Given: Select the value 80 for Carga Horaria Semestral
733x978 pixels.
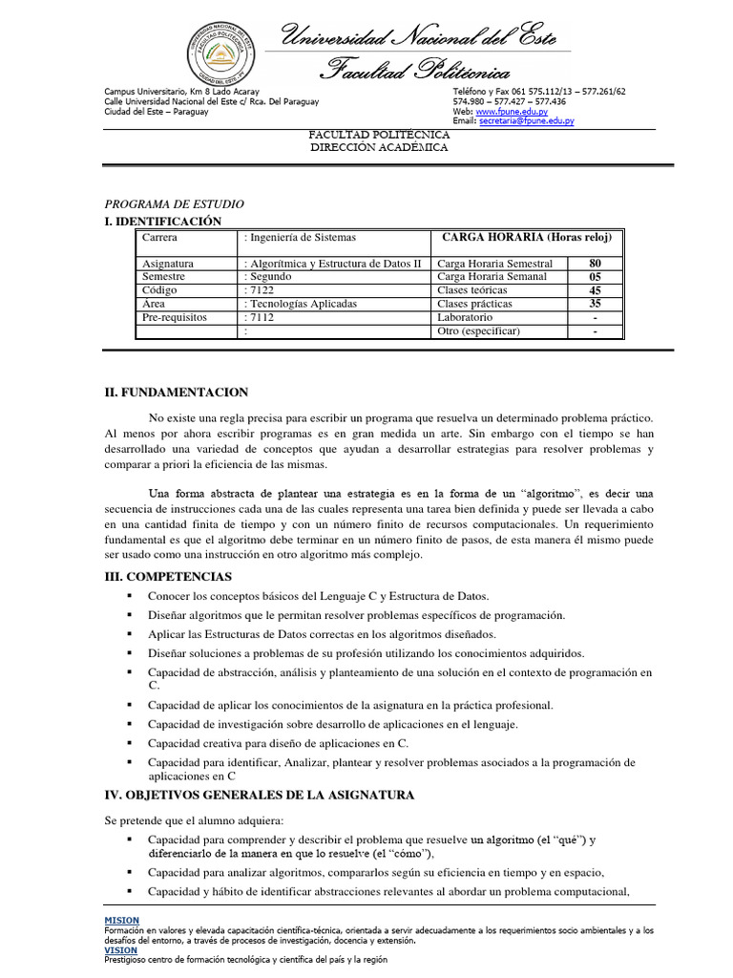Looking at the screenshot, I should click(595, 263).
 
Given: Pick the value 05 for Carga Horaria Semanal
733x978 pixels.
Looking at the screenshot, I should click(595, 277).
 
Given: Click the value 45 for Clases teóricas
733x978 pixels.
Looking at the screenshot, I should click(595, 290).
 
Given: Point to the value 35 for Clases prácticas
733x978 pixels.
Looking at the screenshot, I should click(595, 304).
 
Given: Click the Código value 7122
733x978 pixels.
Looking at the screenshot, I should click(260, 290).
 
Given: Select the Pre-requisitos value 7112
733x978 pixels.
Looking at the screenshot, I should click(260, 317).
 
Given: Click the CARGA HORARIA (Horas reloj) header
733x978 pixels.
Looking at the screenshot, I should click(526, 237).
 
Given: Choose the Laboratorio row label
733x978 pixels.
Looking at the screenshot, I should click(465, 317).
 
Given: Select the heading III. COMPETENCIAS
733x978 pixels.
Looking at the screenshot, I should click(167, 577).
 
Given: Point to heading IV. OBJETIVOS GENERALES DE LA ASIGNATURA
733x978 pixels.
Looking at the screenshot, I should click(259, 795).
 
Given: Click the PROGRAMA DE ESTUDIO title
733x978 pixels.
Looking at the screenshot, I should click(174, 204).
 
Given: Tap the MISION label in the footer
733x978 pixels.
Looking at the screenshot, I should click(121, 921).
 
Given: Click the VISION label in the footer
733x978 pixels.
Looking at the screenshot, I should click(120, 950).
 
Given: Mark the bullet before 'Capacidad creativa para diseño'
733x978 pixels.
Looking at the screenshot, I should click(128, 742).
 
